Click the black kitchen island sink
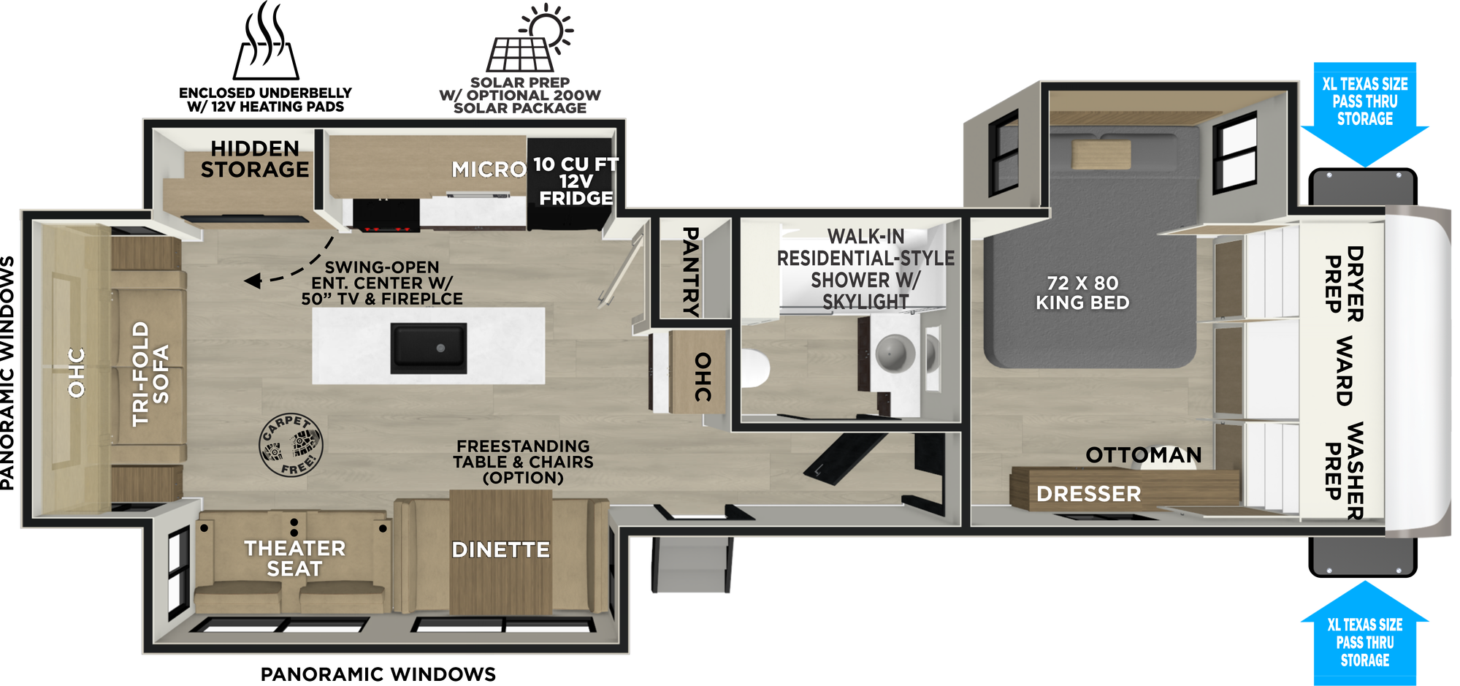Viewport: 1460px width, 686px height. pos(429,348)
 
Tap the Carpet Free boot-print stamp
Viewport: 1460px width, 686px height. pos(291,445)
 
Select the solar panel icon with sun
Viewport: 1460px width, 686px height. pos(530,38)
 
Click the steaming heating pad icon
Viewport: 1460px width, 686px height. pos(266,41)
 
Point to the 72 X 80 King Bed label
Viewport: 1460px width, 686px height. pos(1082,293)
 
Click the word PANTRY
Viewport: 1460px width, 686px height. pos(690,271)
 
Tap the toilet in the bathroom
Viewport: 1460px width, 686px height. pos(755,369)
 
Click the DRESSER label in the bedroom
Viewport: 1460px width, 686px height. pos(1088,494)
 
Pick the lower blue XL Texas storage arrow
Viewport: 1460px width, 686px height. pos(1364,633)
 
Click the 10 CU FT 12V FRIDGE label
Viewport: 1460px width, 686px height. pos(576,181)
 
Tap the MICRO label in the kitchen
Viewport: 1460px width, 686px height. pos(489,169)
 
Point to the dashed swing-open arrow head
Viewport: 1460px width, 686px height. pos(253,281)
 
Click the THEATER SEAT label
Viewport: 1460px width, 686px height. pos(294,558)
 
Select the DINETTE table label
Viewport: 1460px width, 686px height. pos(500,549)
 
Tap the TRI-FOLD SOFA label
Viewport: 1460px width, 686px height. pos(150,373)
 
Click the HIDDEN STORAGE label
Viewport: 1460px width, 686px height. pos(255,159)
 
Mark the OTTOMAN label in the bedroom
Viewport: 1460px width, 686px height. pos(1143,455)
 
